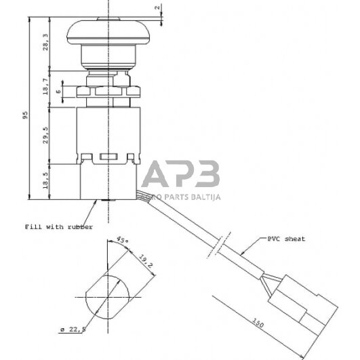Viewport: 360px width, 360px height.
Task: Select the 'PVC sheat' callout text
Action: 285,239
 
